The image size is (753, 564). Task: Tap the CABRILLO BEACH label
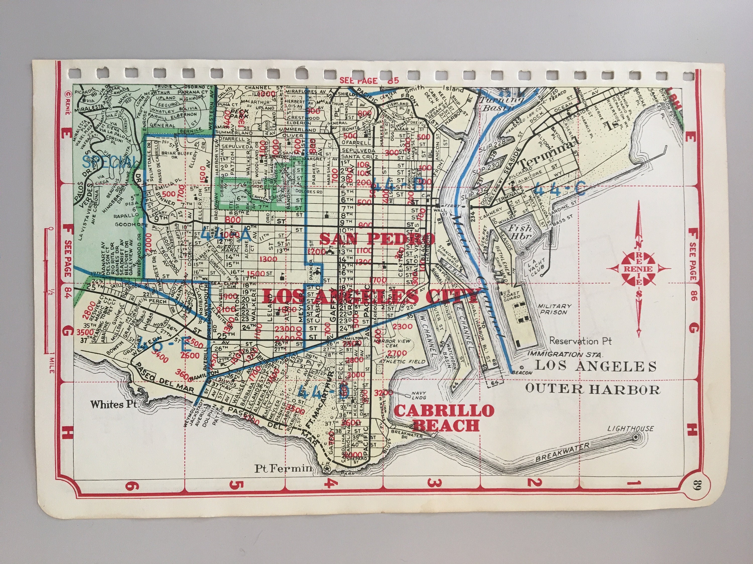point(444,418)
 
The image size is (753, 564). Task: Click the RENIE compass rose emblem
point(638,268)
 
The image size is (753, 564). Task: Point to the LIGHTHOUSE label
point(631,429)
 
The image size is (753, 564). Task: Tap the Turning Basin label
point(501,104)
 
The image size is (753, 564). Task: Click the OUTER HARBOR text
point(593,389)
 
